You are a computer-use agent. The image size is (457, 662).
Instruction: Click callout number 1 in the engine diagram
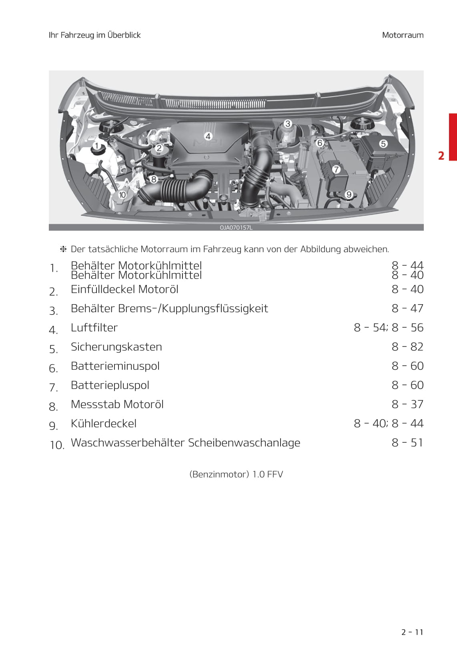pyautogui.click(x=96, y=146)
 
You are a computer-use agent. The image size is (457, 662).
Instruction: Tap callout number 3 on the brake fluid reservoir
pyautogui.click(x=287, y=124)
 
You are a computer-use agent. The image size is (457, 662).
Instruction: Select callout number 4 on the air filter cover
pyautogui.click(x=208, y=136)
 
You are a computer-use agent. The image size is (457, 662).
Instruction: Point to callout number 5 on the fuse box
pyautogui.click(x=383, y=144)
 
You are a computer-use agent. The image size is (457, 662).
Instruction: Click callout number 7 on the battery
pyautogui.click(x=336, y=169)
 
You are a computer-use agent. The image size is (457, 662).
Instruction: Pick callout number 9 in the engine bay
pyautogui.click(x=349, y=195)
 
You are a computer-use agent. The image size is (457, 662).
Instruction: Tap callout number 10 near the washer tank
pyautogui.click(x=122, y=195)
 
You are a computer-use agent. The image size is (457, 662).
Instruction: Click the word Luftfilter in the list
pyautogui.click(x=94, y=327)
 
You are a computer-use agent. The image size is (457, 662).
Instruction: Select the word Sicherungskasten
pyautogui.click(x=116, y=347)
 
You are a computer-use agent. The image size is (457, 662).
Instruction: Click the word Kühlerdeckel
pyautogui.click(x=103, y=423)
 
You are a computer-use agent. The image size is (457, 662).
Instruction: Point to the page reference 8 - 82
pyautogui.click(x=407, y=347)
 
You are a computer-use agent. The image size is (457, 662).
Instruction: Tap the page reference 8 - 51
pyautogui.click(x=407, y=443)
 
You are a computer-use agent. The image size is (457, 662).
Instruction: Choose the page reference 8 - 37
pyautogui.click(x=407, y=404)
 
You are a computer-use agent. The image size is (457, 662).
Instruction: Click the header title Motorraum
pyautogui.click(x=403, y=35)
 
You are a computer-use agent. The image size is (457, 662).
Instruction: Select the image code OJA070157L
pyautogui.click(x=236, y=228)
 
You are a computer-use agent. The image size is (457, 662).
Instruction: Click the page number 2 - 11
pyautogui.click(x=412, y=632)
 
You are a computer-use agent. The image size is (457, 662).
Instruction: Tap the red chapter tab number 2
pyautogui.click(x=441, y=156)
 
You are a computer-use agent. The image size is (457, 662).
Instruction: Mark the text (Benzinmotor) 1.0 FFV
pyautogui.click(x=236, y=474)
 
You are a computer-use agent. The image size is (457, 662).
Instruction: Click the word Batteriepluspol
pyautogui.click(x=110, y=385)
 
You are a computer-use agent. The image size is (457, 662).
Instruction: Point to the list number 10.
pyautogui.click(x=57, y=445)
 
